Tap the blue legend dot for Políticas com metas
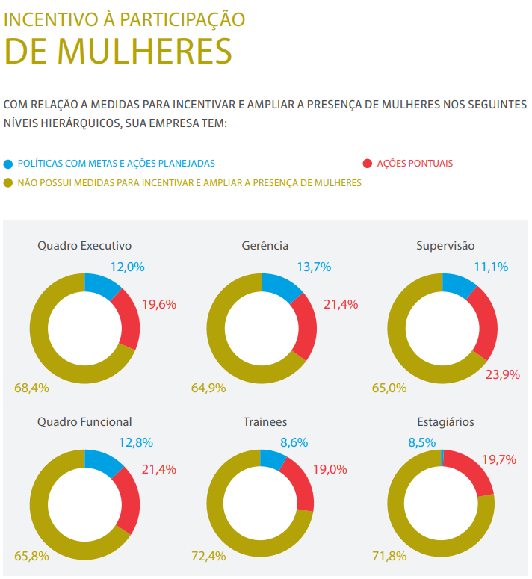click(8, 163)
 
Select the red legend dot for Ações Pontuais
click(367, 163)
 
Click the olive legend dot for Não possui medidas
click(8, 182)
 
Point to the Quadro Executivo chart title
click(84, 245)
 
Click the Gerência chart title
click(265, 245)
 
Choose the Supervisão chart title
click(445, 245)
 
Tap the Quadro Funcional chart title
click(84, 422)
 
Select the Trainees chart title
click(265, 422)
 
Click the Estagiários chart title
click(445, 422)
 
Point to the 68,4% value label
click(31, 388)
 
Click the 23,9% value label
click(502, 374)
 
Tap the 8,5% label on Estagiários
click(421, 442)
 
